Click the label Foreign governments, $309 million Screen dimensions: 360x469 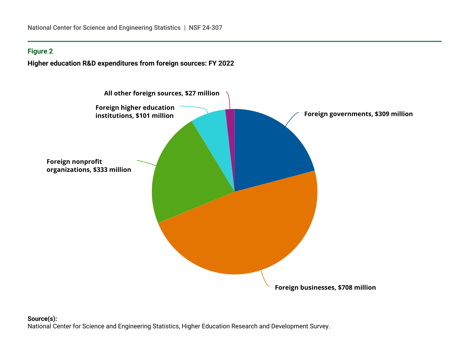point(358,114)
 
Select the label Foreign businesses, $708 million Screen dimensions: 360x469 point(325,287)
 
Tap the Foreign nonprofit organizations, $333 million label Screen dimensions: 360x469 point(89,166)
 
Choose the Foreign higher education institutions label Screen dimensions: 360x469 point(135,111)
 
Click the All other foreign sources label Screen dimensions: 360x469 point(161,93)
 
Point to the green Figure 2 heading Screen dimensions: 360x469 point(40,51)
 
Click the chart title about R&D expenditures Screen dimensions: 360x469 point(131,63)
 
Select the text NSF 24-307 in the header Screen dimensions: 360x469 point(205,28)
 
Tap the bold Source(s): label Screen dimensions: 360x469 point(42,319)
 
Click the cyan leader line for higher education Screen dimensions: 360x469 point(197,107)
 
